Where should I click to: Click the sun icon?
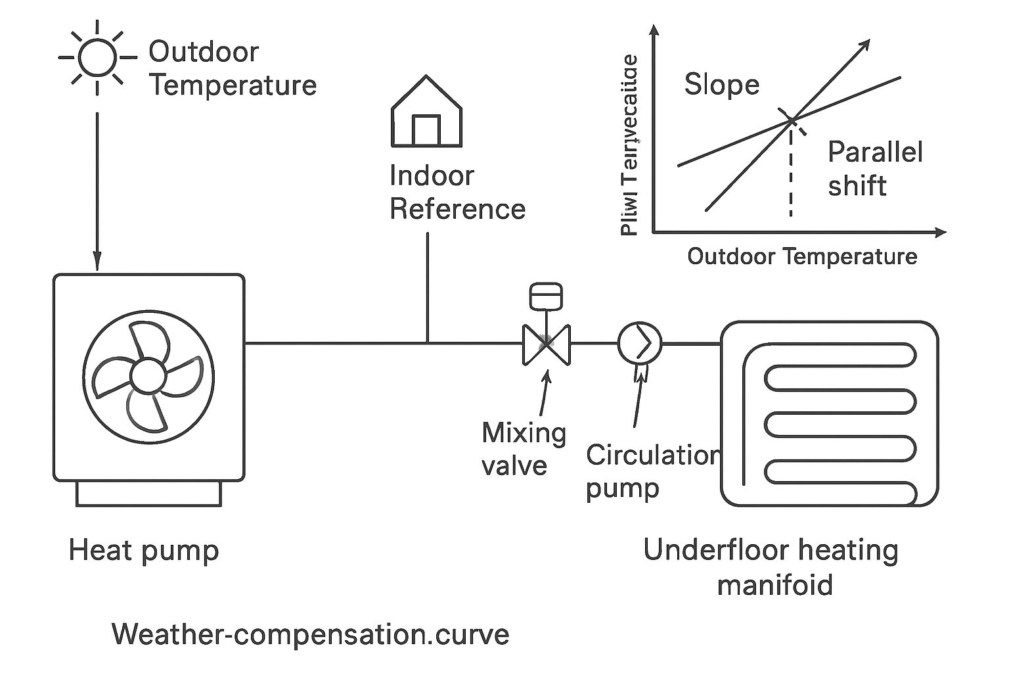97,57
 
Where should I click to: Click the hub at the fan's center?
148,375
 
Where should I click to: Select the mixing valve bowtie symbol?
546,344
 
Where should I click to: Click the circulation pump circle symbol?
639,343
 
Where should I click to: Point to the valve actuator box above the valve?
545,296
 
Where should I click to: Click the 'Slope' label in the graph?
721,85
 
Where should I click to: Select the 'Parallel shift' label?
874,169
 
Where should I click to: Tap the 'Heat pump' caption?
143,550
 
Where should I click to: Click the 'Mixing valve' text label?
523,449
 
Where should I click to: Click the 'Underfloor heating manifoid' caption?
771,567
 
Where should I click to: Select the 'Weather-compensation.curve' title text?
310,635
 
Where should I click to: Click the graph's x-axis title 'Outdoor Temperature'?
801,256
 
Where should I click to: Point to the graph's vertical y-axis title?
629,145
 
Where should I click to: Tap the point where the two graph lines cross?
791,120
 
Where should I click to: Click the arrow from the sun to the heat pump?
97,191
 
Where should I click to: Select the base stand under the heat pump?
148,494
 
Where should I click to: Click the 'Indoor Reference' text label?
457,193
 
